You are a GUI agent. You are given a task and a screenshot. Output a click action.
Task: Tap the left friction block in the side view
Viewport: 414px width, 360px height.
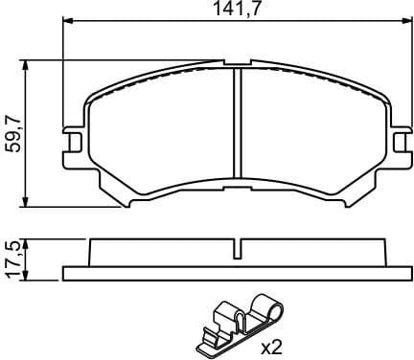158,254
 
